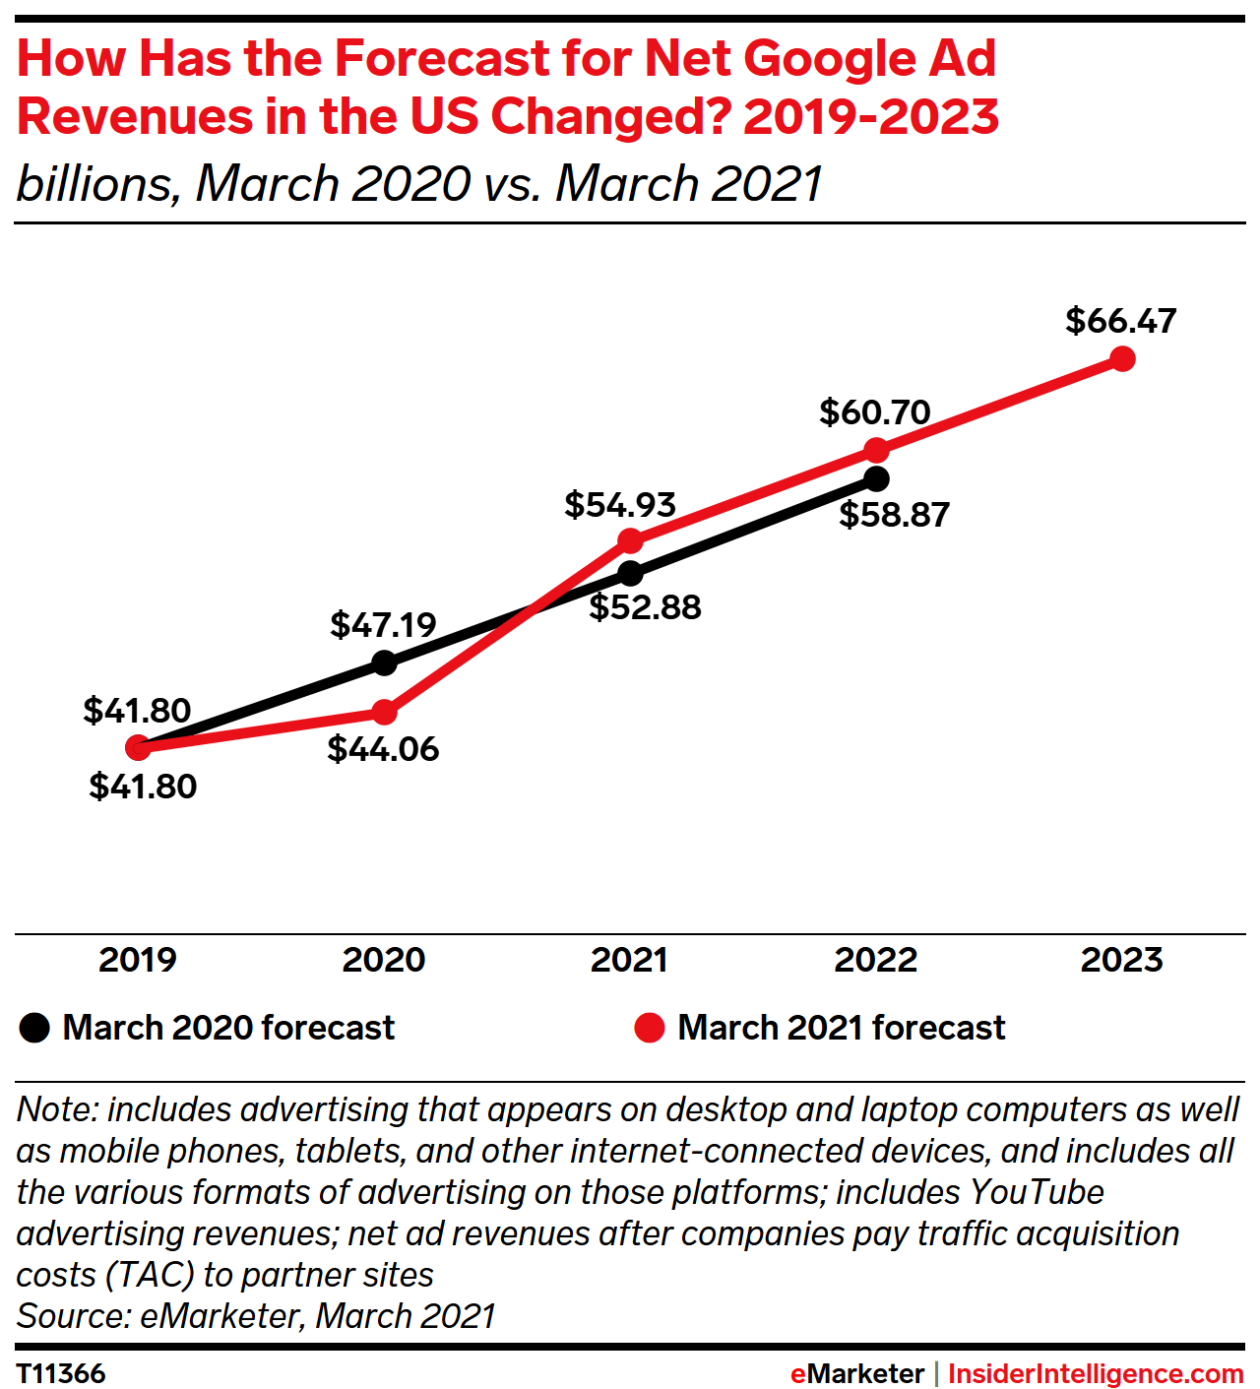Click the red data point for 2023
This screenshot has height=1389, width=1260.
point(1122,359)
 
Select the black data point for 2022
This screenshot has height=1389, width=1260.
point(876,479)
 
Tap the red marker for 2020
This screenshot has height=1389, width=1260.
point(385,712)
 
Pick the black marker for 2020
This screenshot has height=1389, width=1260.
point(385,663)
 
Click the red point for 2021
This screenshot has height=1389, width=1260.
point(631,540)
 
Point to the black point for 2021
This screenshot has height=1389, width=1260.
point(631,573)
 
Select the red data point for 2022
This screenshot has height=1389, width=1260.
point(876,450)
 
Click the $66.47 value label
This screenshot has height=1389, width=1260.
point(1120,321)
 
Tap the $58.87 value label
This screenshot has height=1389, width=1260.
point(894,515)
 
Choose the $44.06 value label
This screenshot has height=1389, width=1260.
point(383,749)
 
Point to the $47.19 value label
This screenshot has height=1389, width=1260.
point(383,624)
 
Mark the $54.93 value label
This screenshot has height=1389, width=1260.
point(620,505)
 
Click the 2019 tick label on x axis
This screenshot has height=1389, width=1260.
point(138,960)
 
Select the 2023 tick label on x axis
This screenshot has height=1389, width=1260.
point(1122,960)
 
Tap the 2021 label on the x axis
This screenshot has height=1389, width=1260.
point(629,960)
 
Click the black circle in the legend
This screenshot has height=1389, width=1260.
point(34,1028)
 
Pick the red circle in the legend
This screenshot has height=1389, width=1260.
point(650,1028)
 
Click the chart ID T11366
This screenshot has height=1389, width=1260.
point(61,1373)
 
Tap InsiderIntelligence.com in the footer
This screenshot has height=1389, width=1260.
point(1096,1373)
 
